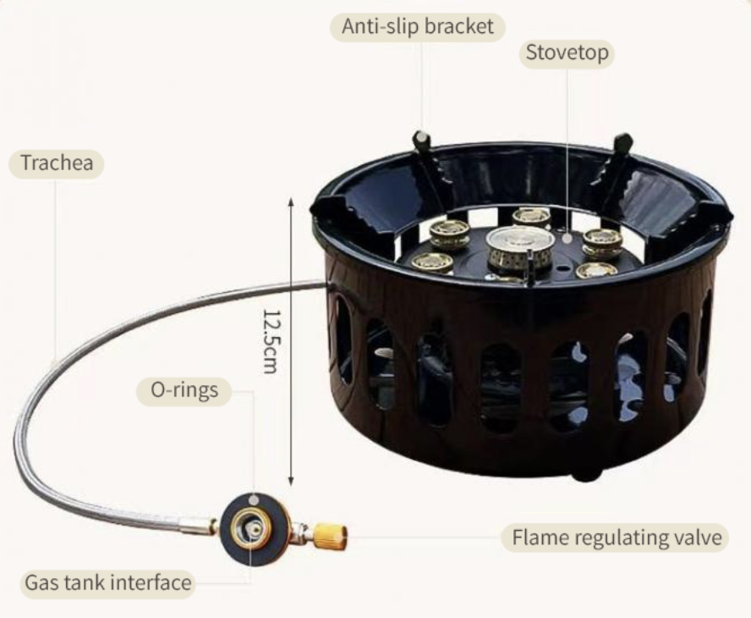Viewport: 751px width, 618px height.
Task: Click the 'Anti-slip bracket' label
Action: tap(417, 26)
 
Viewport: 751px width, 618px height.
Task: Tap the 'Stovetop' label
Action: tap(566, 52)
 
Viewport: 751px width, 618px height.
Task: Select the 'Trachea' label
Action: tap(56, 163)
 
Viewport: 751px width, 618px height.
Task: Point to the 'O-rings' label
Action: tap(184, 390)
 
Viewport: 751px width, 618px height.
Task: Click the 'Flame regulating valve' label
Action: tap(615, 538)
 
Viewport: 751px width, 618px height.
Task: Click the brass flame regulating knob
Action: tap(329, 536)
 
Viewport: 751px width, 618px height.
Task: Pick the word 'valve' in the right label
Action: tap(698, 538)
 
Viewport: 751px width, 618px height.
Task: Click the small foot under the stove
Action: tap(585, 475)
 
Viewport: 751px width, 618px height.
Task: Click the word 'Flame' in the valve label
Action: tap(539, 538)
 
